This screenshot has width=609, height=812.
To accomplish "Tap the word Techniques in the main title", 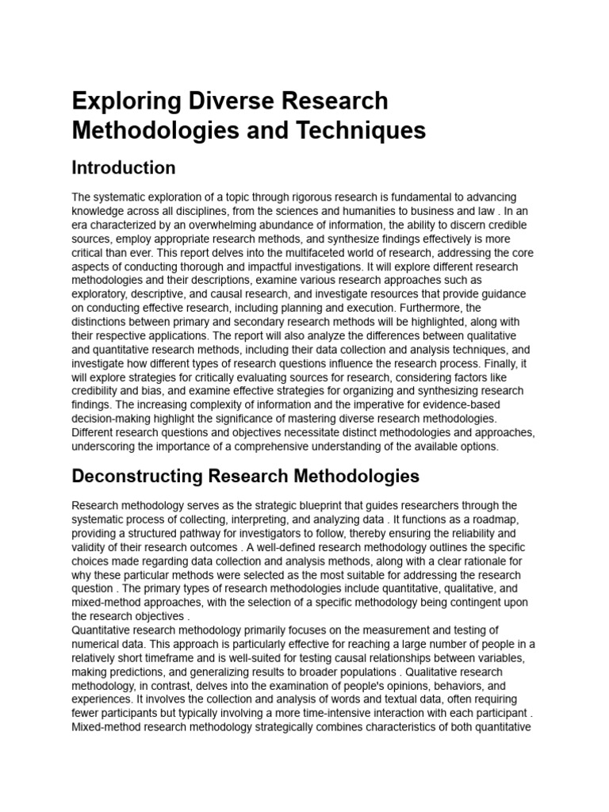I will pyautogui.click(x=366, y=130).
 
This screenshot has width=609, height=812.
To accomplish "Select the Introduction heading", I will pyautogui.click(x=123, y=168).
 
